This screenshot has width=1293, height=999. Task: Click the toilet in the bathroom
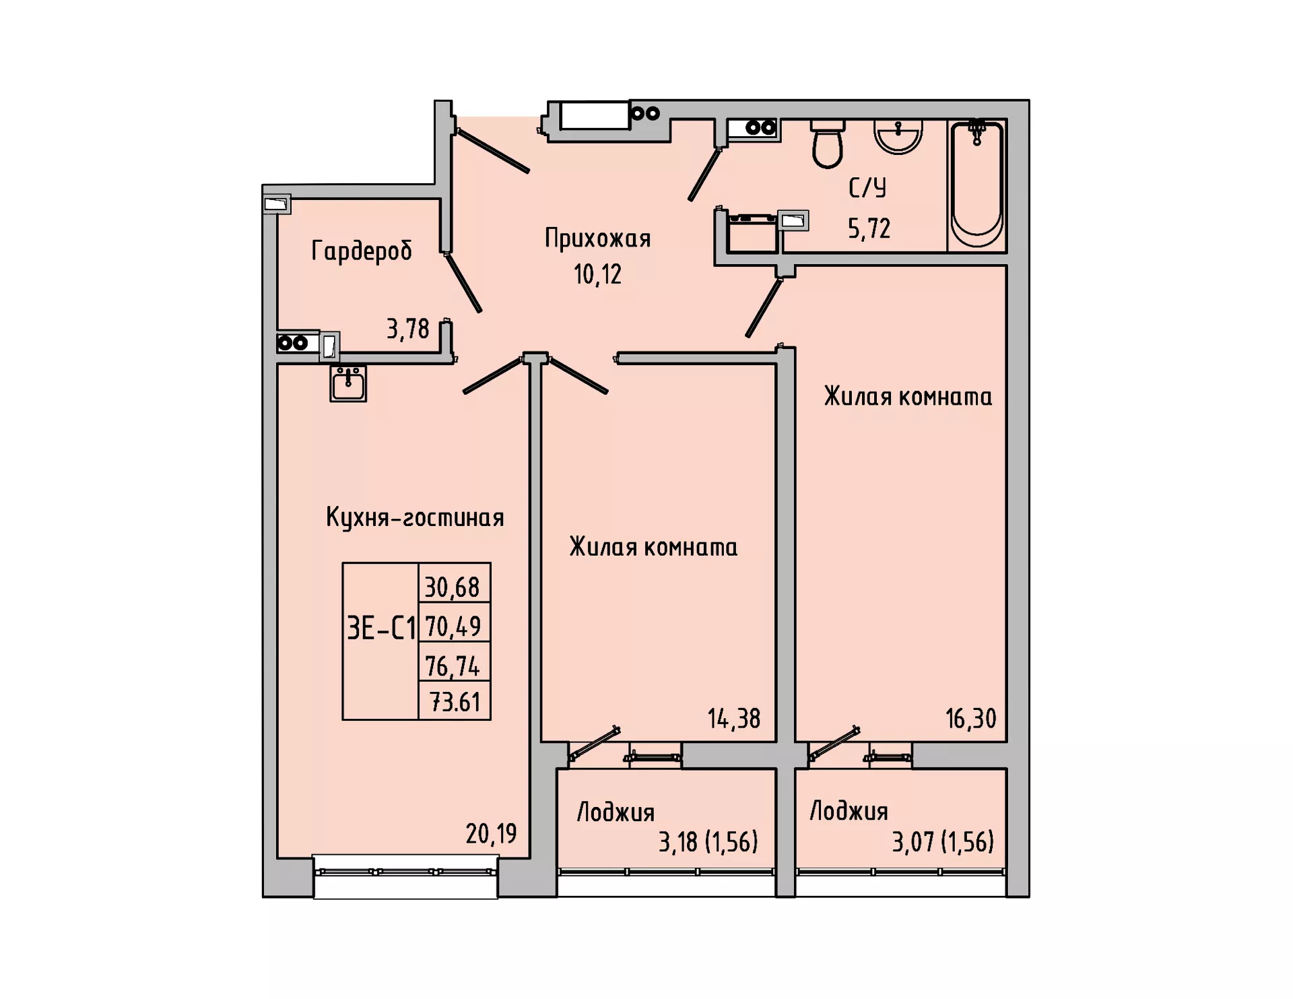point(827,144)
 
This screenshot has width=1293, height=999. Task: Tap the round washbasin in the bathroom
point(898,137)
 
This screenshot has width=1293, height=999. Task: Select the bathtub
point(976,185)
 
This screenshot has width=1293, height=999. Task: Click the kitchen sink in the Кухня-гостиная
point(348,383)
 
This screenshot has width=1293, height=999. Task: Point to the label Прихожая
point(597,239)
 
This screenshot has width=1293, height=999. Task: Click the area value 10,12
point(597,274)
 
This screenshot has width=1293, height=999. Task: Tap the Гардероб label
point(362,251)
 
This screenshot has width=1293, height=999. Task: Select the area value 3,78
point(407,329)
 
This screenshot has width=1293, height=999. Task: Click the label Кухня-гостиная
point(415,518)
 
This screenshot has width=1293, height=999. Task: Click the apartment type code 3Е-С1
point(381,629)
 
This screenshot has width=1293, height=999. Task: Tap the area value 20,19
point(491,834)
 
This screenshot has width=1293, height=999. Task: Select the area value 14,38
point(733,719)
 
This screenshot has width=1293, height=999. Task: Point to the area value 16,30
point(970,719)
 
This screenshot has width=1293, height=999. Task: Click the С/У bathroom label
point(867,188)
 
